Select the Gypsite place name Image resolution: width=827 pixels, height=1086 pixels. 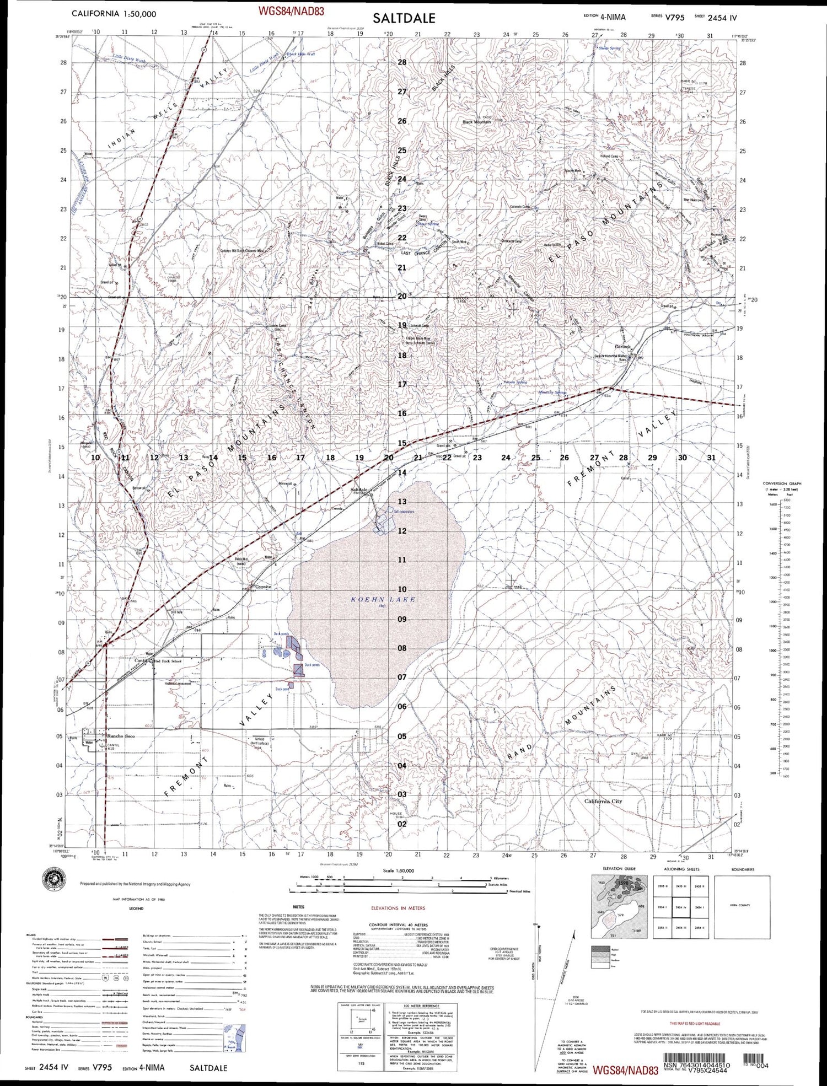(x=262, y=587)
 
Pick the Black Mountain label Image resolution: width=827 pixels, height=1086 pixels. (x=476, y=122)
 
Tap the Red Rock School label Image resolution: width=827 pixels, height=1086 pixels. (x=168, y=661)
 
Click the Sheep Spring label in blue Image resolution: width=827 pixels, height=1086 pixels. (x=609, y=49)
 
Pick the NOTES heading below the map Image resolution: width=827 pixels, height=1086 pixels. (x=299, y=907)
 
